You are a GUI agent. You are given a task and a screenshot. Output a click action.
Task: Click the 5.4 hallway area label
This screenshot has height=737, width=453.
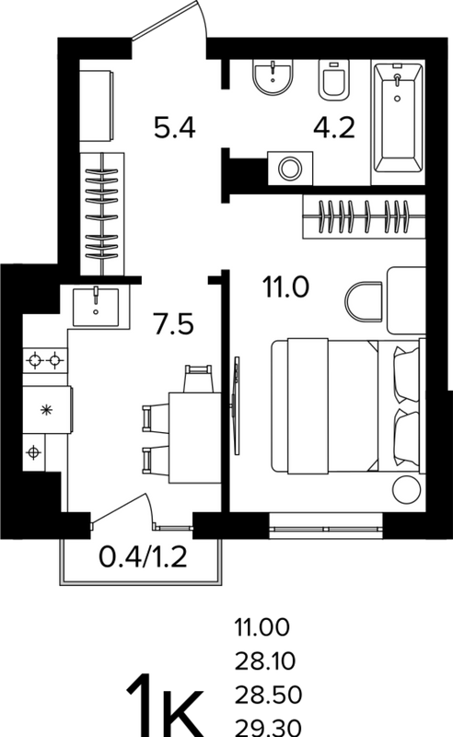point(174,128)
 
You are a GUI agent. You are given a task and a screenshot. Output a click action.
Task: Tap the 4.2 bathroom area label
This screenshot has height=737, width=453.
point(334,128)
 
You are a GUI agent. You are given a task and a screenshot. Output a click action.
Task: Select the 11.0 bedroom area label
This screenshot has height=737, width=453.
point(285,287)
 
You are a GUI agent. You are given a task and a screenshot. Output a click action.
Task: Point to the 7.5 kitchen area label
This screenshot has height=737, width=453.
point(173,324)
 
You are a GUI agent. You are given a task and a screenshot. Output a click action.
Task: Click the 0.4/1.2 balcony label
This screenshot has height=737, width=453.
point(143,557)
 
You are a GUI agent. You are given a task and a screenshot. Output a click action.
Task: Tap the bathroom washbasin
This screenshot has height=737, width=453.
point(273,77)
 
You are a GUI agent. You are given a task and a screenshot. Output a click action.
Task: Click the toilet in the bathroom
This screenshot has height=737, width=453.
point(333,80)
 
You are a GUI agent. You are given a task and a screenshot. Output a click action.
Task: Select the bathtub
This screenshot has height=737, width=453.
point(398,119)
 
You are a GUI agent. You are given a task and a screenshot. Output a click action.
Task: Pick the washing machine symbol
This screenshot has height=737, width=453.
point(290,168)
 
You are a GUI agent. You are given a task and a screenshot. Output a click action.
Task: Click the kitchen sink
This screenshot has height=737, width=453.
point(96,307)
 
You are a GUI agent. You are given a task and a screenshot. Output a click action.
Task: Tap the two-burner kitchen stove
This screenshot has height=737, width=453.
point(45,360)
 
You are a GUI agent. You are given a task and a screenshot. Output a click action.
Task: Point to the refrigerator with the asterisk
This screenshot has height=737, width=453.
point(47,409)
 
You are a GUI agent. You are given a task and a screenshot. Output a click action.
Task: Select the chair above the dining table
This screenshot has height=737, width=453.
point(198,379)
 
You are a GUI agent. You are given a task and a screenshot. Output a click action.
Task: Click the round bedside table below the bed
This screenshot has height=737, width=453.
point(405,490)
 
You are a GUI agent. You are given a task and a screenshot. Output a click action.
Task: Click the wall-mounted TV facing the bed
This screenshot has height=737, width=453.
point(237,405)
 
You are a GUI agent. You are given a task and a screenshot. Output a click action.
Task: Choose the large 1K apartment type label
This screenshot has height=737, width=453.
point(165,707)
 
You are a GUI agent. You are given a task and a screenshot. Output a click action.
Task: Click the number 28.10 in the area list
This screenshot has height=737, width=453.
point(265,661)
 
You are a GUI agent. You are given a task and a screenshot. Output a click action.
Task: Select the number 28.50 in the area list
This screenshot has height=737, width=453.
point(268,695)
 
